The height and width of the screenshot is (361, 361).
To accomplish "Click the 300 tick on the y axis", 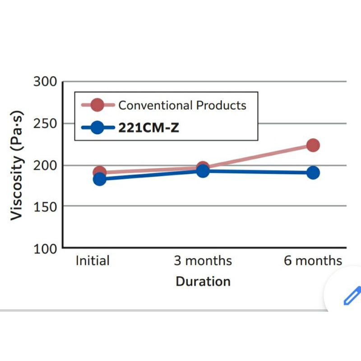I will pos(45,82).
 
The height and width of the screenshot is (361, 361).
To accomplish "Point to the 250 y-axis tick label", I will pos(45,123).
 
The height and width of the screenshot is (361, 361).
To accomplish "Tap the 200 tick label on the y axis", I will pos(45,165).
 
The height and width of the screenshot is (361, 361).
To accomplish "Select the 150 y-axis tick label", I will pos(45,206).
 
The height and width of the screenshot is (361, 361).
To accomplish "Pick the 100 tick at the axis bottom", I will pos(45,248).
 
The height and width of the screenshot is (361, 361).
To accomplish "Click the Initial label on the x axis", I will pos(93,261).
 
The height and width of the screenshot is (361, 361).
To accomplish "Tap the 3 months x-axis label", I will pos(203,261).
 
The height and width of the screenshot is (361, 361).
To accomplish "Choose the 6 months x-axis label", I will pos(313,261).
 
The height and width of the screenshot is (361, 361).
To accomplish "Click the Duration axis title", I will pos(203,282).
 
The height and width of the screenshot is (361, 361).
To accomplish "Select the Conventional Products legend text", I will pos(182,106).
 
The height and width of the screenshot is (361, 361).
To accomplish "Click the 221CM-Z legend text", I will pos(148,128).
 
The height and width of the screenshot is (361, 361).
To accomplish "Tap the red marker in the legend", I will pos(97,106).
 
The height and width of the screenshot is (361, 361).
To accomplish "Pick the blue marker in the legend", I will pos(97,128).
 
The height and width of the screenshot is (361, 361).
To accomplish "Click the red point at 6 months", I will pos(313,145).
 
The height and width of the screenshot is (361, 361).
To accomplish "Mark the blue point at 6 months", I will pos(313,173).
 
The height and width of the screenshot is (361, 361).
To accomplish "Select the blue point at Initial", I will pos(100,179).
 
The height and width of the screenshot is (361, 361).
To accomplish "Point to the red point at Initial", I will pos(99,172).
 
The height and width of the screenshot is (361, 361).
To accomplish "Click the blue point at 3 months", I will pos(203,171).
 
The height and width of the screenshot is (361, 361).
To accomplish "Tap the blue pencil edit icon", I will pos(352,295).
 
